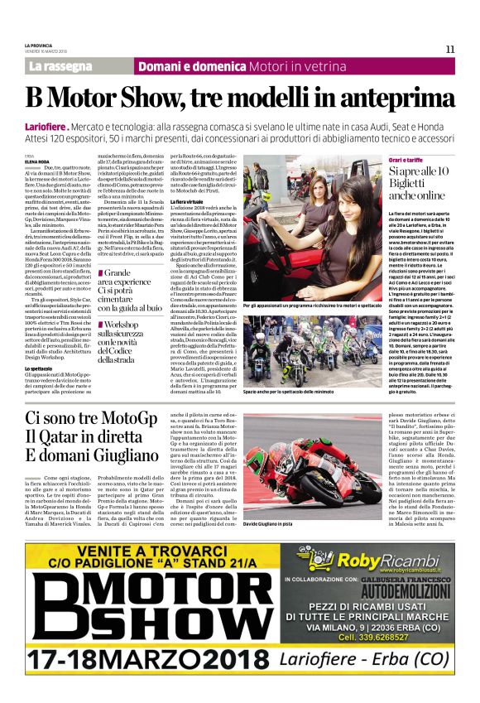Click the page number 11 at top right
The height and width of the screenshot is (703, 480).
coord(449,50)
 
